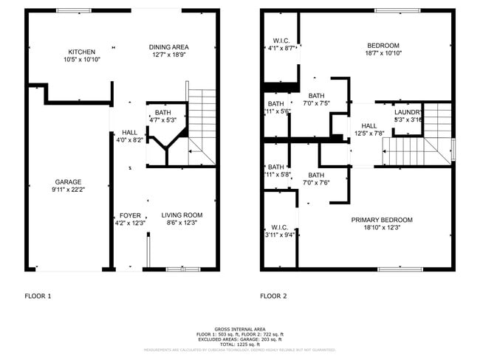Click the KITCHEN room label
pos(82,52)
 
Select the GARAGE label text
pos(68,182)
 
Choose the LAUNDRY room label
pos(408,112)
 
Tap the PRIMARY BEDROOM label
pos(382,220)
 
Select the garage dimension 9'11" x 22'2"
pos(68,190)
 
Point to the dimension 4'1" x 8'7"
pos(281,49)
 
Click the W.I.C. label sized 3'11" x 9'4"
pos(280,227)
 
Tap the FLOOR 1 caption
pos(38,296)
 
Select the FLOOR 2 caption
pos(273,296)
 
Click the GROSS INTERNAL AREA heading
pos(240,329)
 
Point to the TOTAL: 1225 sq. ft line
pos(240,344)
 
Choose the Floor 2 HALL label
pos(369,125)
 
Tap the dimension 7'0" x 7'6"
pos(317,183)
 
